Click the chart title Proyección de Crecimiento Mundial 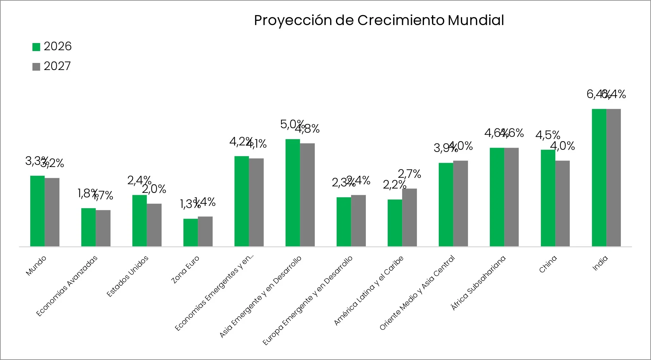[379, 20]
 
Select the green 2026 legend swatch [36, 47]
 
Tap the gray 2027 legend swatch [36, 66]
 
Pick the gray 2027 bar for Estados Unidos [154, 225]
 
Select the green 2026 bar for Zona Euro [190, 233]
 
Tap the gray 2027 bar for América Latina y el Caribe [409, 217]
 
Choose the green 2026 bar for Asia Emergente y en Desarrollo [293, 193]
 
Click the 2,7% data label [409, 174]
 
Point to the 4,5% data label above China [548, 135]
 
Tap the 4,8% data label [308, 129]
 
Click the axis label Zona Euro [185, 270]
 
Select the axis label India [600, 263]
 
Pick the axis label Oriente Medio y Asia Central [417, 293]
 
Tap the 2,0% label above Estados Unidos [154, 189]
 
